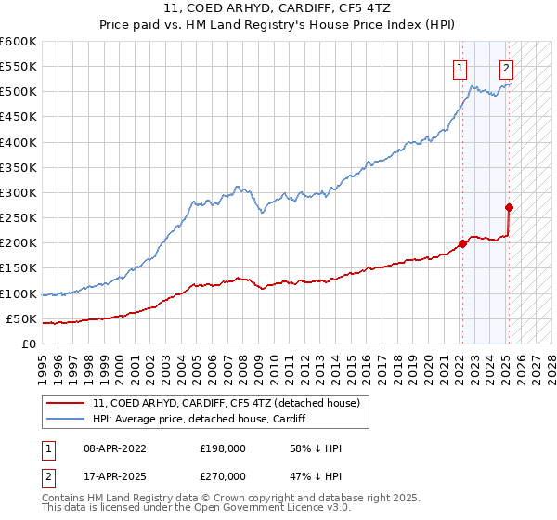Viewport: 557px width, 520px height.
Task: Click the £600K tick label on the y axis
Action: [x=19, y=42]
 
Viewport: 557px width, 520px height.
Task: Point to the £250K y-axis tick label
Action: [x=19, y=218]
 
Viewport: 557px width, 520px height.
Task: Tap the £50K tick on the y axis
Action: [x=21, y=319]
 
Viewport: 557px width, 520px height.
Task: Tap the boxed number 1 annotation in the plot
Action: [x=460, y=67]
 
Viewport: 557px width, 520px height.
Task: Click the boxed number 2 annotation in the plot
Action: [x=506, y=67]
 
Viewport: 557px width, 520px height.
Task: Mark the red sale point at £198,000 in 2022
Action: [x=463, y=244]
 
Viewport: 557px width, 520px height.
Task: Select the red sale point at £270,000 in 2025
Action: [x=510, y=208]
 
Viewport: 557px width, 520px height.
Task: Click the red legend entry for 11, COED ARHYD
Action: [x=232, y=402]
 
